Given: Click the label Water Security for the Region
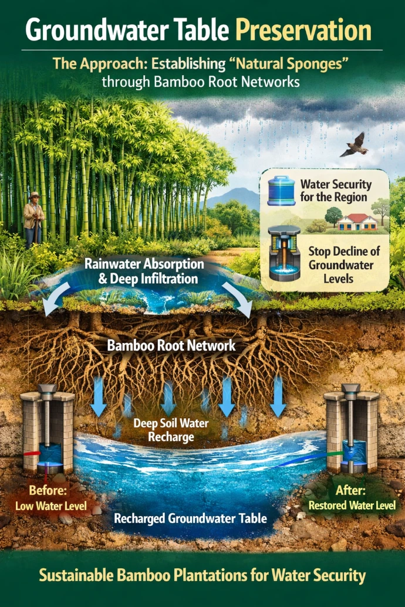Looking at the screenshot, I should [x=335, y=191].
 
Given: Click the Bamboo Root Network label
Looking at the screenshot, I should [x=171, y=345].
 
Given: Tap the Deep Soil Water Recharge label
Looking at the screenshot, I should [x=171, y=429].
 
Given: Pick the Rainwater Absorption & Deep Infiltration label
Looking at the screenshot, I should [x=141, y=271].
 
